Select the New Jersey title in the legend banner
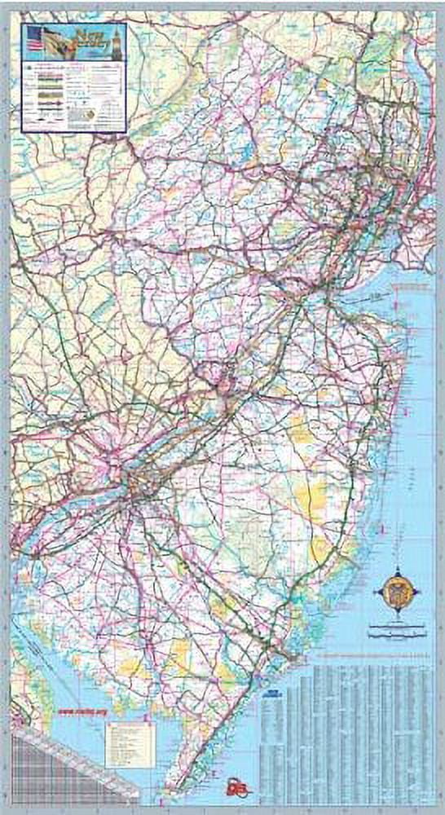90,37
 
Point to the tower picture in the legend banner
117,37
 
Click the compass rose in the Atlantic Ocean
397,588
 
